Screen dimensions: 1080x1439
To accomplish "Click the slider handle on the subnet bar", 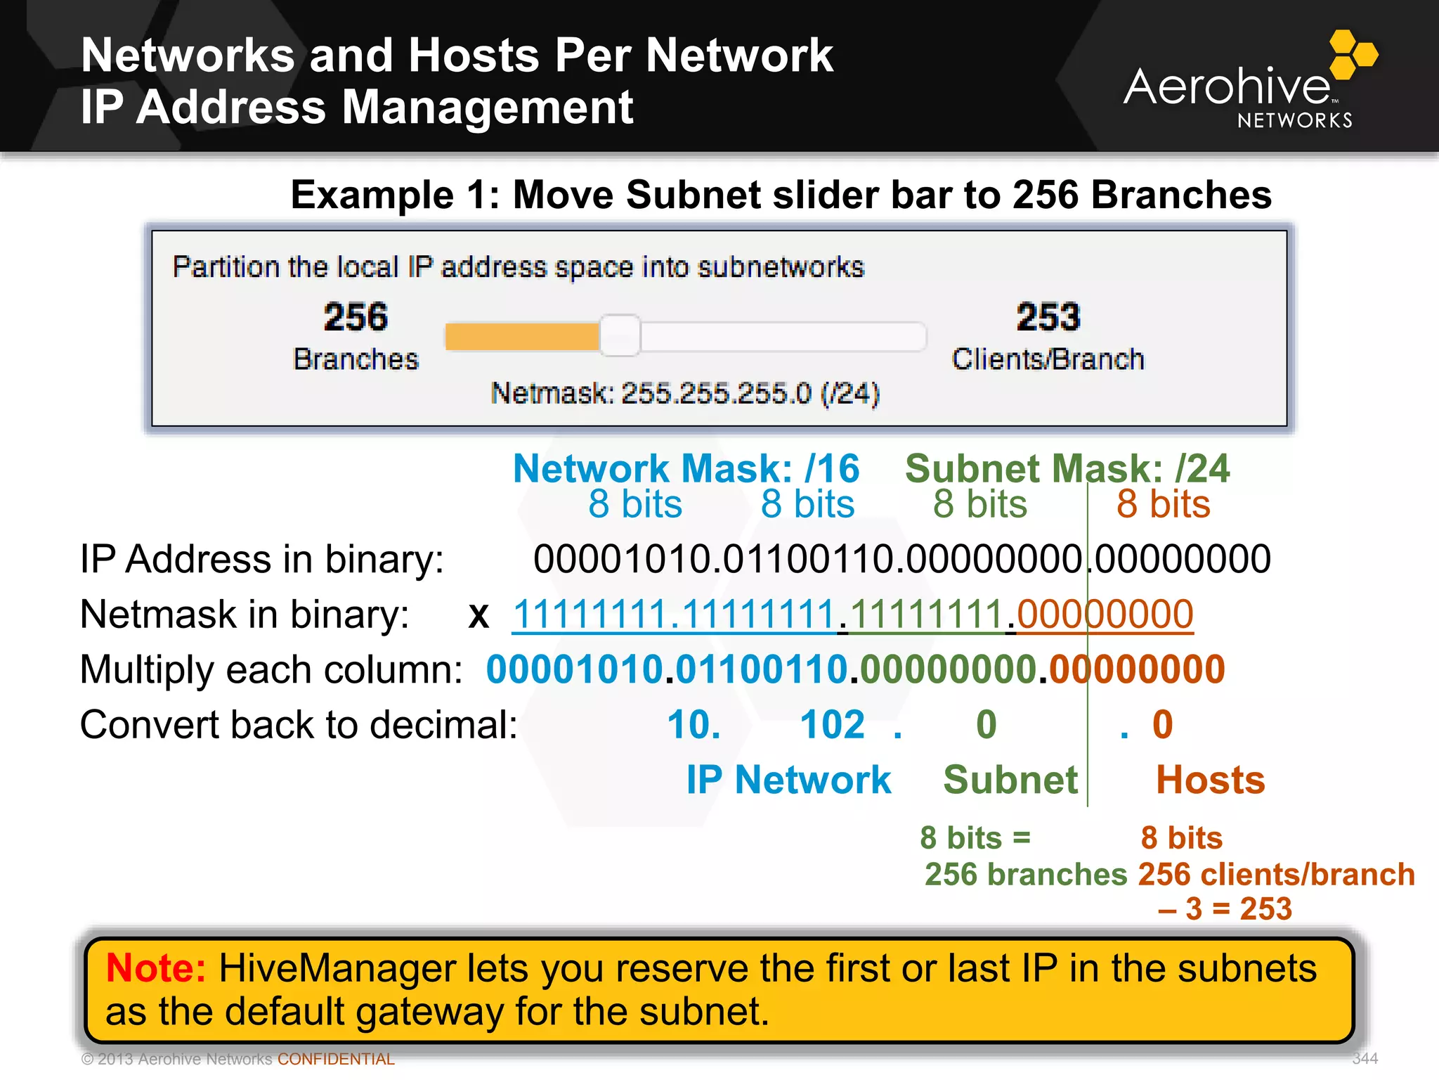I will [x=620, y=335].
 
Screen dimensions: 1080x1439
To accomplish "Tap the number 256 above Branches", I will [x=356, y=316].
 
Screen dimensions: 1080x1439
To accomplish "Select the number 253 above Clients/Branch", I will [x=1048, y=316].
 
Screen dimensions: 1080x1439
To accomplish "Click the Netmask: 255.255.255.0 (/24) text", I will [x=685, y=393].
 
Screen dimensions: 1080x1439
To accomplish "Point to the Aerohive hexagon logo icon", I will [x=1353, y=55].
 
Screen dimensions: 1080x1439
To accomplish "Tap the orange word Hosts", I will [x=1210, y=780].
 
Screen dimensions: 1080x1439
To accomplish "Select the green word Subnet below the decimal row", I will [x=1010, y=780].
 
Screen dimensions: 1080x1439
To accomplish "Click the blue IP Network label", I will [x=788, y=780].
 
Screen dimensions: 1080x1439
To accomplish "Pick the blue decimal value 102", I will [x=833, y=724].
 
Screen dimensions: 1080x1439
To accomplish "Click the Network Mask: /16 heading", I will [x=686, y=468].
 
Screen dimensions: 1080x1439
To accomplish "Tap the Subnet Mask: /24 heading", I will [x=1067, y=468].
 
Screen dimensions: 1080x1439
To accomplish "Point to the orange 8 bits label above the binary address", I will [x=1164, y=504].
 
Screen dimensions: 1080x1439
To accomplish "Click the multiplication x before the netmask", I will [x=478, y=615].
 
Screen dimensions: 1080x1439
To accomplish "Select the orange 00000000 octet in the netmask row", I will [x=1105, y=614].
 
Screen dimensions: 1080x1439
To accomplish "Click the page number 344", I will [x=1365, y=1058].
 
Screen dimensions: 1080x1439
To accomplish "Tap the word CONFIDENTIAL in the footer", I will [x=336, y=1059].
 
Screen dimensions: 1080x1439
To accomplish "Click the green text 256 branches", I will [x=1026, y=874].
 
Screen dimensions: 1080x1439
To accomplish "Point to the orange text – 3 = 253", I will [x=1225, y=908].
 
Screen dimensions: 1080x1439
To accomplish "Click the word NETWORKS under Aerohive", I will [x=1294, y=120].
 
